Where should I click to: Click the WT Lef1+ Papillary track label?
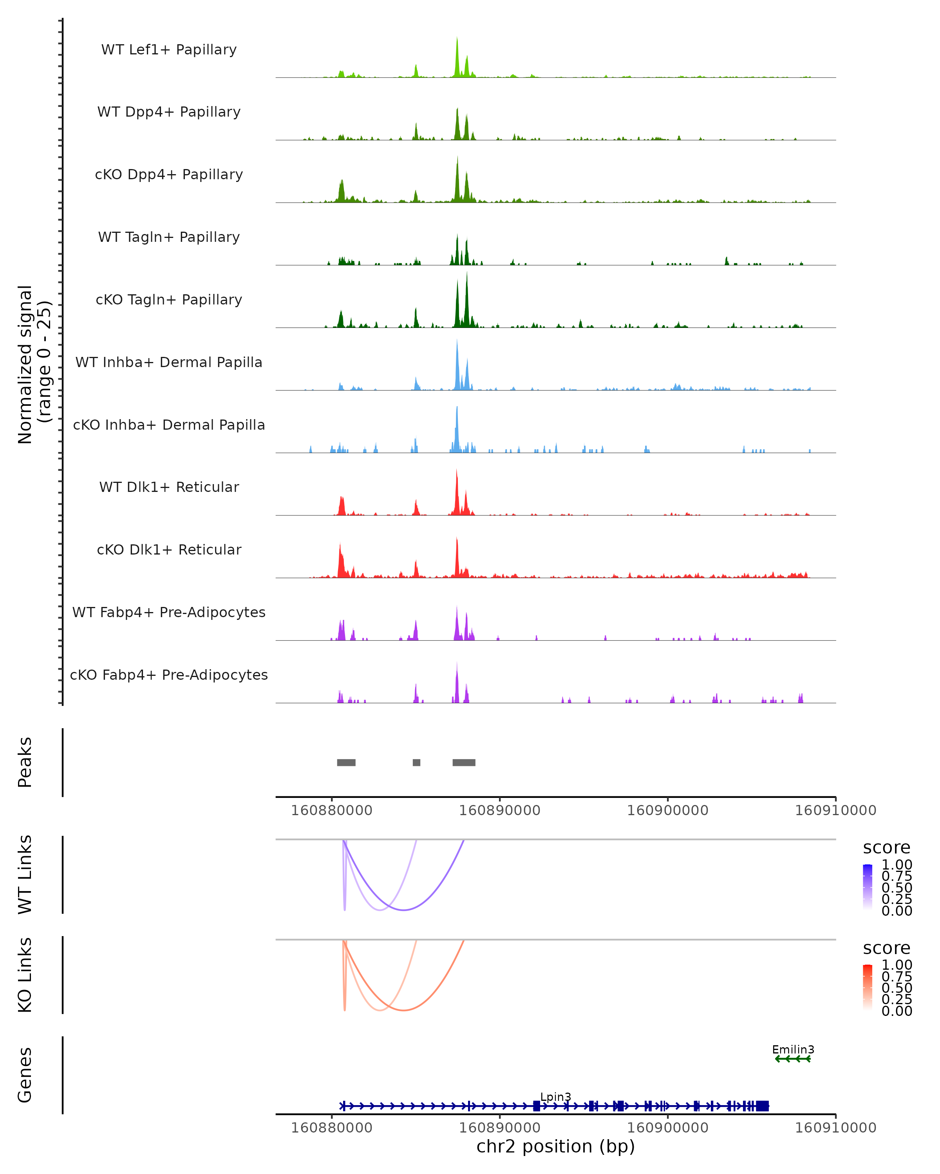tap(169, 50)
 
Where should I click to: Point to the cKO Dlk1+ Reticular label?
tap(169, 549)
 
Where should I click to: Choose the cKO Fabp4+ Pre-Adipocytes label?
tap(169, 675)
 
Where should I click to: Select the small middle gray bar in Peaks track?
tap(416, 762)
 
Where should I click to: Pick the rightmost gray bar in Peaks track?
tap(464, 762)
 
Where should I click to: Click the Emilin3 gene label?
tap(793, 1049)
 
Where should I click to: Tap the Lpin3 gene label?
tap(555, 1097)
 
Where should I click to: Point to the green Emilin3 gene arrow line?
tap(793, 1059)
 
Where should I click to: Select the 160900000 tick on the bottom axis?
tap(667, 1128)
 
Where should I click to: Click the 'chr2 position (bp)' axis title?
tap(555, 1147)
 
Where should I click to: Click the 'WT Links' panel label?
tap(25, 875)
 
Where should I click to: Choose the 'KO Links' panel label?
tap(25, 975)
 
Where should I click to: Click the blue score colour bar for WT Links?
tap(868, 886)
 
